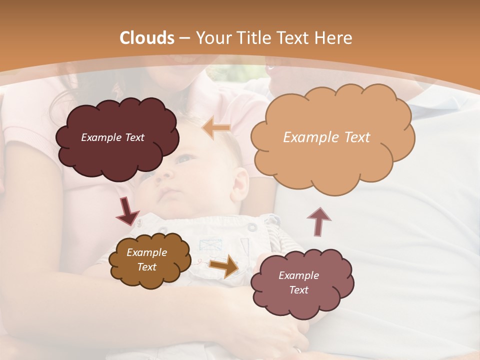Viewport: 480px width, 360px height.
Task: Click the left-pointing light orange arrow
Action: point(216,128)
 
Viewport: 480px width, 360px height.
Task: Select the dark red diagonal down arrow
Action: point(127,210)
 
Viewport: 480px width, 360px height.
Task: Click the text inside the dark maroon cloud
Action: point(112,137)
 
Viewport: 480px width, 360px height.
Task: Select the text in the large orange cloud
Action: point(326,137)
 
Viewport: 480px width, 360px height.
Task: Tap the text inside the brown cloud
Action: point(147,259)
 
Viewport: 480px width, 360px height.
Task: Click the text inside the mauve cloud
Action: point(299,282)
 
